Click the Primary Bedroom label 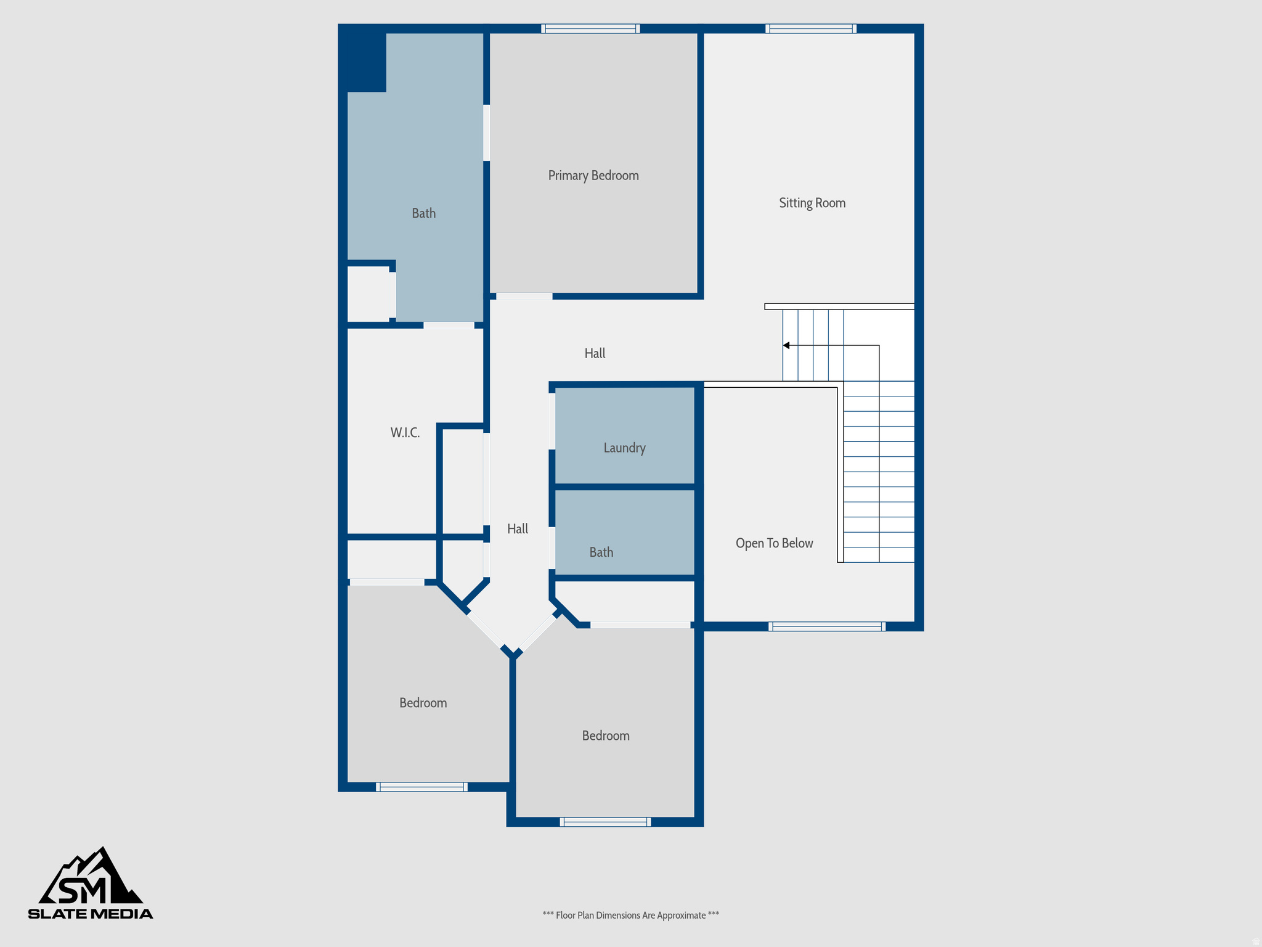click(x=593, y=176)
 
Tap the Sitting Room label click(x=812, y=203)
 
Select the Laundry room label click(x=624, y=448)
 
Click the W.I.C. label click(x=405, y=433)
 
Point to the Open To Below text click(x=774, y=543)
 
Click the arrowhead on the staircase click(x=786, y=345)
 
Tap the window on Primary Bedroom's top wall click(x=590, y=28)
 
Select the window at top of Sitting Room click(x=810, y=28)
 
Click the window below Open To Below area click(x=826, y=626)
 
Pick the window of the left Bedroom click(x=421, y=787)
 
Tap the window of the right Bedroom click(x=605, y=822)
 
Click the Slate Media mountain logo click(x=91, y=883)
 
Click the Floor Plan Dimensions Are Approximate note click(x=630, y=915)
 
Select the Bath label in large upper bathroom click(x=423, y=213)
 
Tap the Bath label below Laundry click(x=601, y=552)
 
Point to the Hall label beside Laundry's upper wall click(x=595, y=353)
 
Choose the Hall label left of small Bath click(x=517, y=529)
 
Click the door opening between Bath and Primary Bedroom click(x=486, y=133)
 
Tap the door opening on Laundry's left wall click(x=552, y=421)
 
